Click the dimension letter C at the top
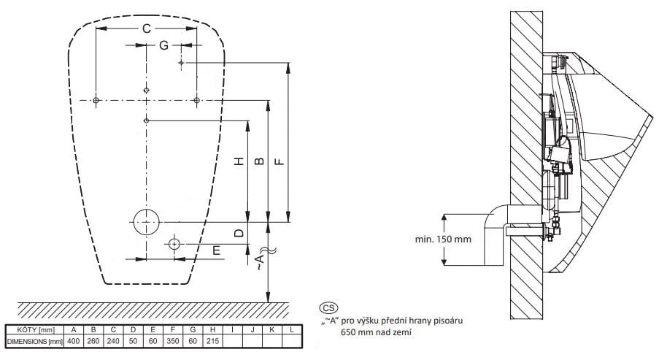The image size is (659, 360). coord(146,28)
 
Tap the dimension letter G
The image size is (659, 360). coord(163,45)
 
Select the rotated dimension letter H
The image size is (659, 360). coord(239,161)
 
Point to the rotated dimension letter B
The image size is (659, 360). coord(260,161)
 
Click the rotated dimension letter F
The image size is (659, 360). coord(280,161)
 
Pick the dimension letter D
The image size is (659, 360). coord(239,232)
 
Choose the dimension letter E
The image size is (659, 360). coord(217,250)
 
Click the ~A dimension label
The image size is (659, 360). coord(261,261)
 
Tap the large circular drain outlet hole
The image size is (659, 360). coord(146,222)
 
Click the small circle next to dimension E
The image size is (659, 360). coord(174,244)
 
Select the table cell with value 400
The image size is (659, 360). coord(74,341)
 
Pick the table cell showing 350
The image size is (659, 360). coord(173,341)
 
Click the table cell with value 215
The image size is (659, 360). coord(212,341)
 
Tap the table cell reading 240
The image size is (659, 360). coord(113,341)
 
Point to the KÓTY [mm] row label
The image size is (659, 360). coord(35,330)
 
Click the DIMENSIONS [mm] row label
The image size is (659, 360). coord(35,342)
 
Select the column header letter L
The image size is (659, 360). coord(292,330)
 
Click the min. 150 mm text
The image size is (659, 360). coord(443,240)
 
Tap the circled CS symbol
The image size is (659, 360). coord(328,308)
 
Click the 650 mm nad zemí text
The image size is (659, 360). coord(376,332)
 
